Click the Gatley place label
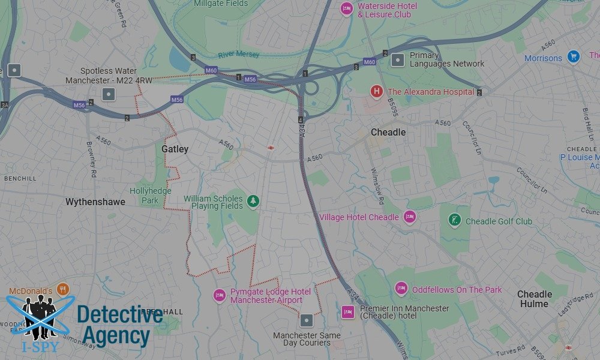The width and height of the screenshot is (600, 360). pos(175,149)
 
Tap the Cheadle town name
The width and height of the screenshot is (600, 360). pos(388,132)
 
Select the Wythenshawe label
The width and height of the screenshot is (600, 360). pos(95,202)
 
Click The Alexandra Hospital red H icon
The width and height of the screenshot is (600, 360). pos(376,91)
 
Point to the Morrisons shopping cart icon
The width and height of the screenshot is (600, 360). pos(574,58)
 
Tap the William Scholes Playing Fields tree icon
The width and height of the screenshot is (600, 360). pos(253,202)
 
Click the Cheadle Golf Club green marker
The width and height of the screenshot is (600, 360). pos(455,220)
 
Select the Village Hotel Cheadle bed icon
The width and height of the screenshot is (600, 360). pos(410,217)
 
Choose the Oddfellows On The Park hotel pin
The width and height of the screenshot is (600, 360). pos(401,289)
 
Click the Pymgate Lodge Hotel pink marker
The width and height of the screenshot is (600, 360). pos(220,295)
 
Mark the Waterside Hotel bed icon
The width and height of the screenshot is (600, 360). pos(346,9)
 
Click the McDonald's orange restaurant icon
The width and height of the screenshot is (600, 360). pos(64,290)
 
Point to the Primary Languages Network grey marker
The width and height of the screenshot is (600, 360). pos(398,59)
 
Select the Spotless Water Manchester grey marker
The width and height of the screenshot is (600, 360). pos(109,94)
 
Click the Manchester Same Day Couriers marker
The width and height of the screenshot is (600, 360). pos(307,320)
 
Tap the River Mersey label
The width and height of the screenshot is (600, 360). pos(239,55)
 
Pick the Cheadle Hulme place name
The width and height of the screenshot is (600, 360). pos(534,299)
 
